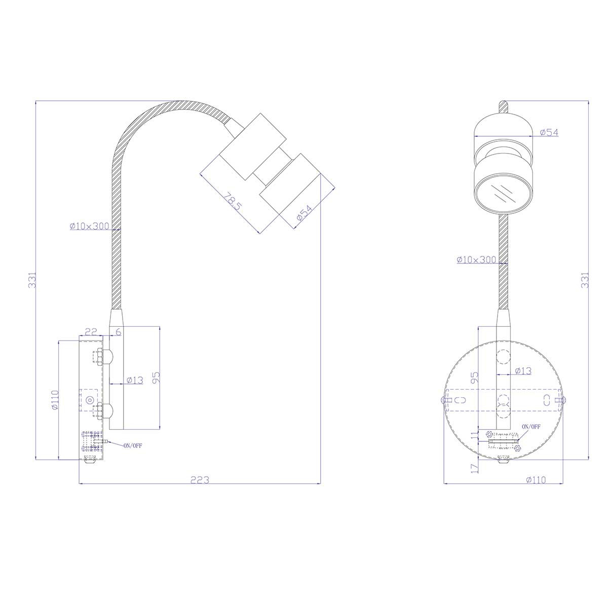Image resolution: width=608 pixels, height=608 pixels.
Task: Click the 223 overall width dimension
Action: click(200, 479)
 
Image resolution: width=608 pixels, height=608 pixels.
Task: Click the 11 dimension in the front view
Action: click(474, 436)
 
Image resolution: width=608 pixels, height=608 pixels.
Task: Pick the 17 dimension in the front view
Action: click(474, 467)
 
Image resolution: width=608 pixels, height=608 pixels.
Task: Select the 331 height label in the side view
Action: click(32, 280)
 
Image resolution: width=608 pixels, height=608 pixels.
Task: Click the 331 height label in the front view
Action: click(585, 280)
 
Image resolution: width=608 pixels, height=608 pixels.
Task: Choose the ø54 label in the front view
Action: click(549, 132)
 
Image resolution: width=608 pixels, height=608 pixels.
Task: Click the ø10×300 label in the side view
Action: click(90, 226)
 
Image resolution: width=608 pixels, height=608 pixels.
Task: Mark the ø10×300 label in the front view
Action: click(476, 259)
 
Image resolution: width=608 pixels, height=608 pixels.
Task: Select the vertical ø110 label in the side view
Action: click(55, 400)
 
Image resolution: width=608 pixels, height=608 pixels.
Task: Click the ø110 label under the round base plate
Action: click(536, 479)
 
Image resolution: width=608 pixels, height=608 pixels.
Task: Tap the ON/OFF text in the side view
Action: click(133, 445)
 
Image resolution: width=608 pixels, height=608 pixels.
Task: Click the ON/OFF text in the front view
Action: click(531, 427)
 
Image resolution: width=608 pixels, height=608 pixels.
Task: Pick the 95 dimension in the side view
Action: click(157, 377)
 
